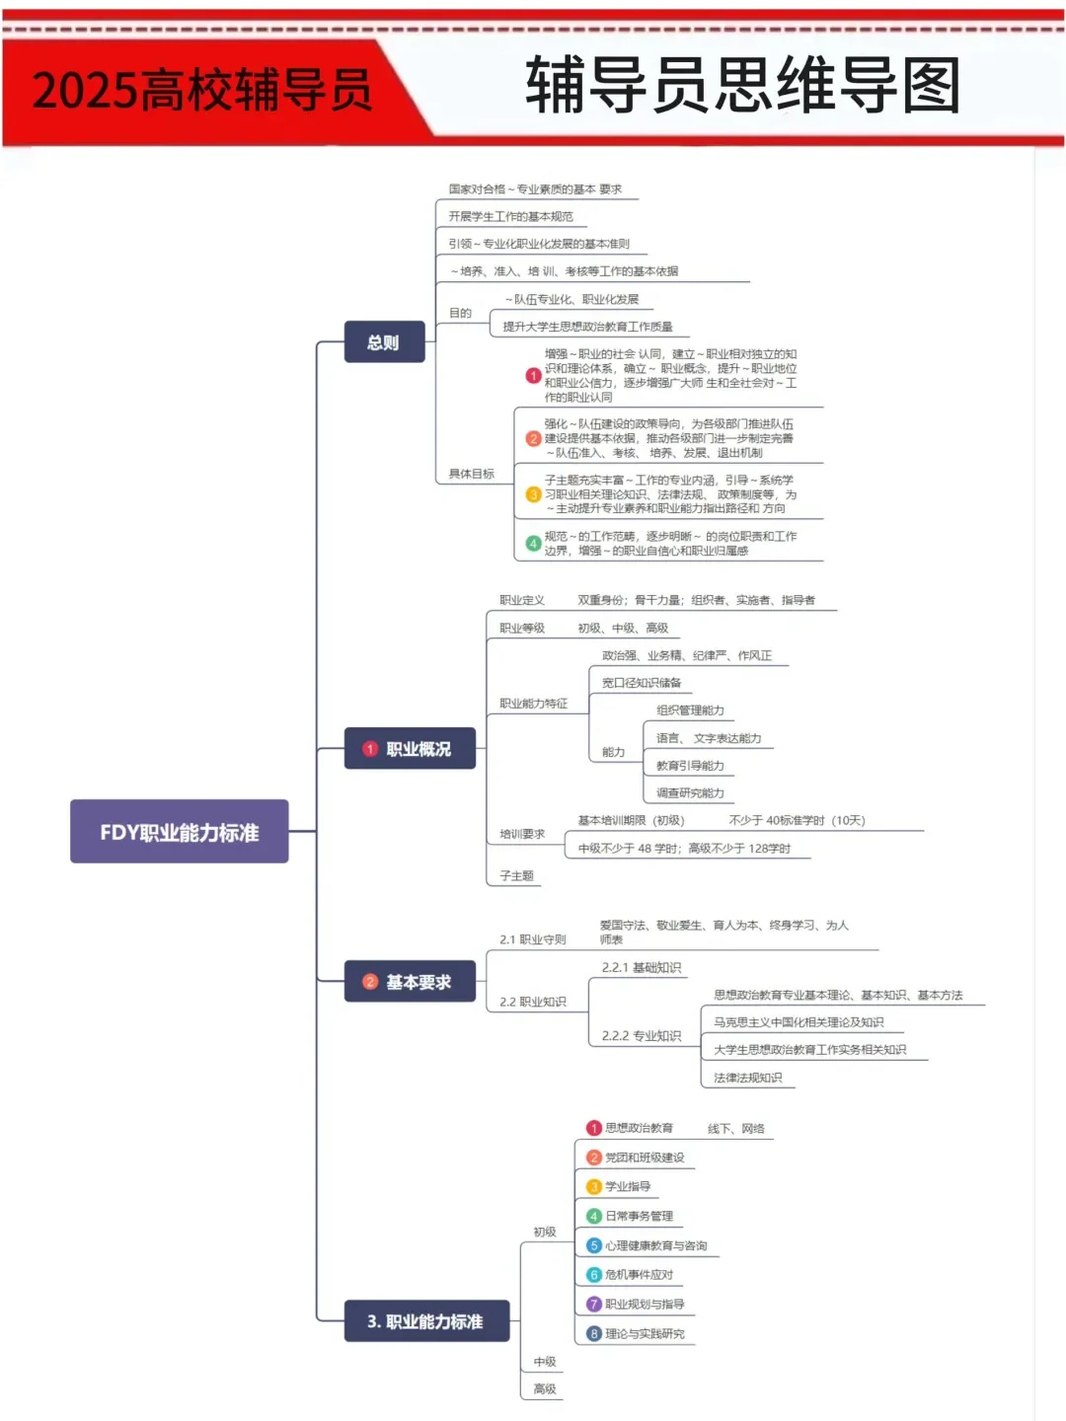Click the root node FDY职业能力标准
[x=179, y=832]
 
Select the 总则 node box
[x=384, y=342]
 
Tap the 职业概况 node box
[x=410, y=749]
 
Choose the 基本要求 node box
[x=410, y=982]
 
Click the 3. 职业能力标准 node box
[x=425, y=1321]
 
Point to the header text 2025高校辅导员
[x=202, y=91]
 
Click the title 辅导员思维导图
[x=742, y=85]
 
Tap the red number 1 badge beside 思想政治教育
[x=594, y=1128]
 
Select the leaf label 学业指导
[x=628, y=1187]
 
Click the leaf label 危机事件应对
[x=639, y=1275]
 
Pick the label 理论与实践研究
[x=645, y=1334]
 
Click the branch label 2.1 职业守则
[x=533, y=939]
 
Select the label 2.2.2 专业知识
[x=642, y=1036]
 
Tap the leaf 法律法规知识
[x=748, y=1078]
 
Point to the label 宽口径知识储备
[x=642, y=683]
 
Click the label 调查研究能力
[x=690, y=793]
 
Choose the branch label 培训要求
[x=522, y=834]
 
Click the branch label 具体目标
[x=472, y=474]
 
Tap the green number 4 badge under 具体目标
[x=533, y=544]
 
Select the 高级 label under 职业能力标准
[x=545, y=1389]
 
